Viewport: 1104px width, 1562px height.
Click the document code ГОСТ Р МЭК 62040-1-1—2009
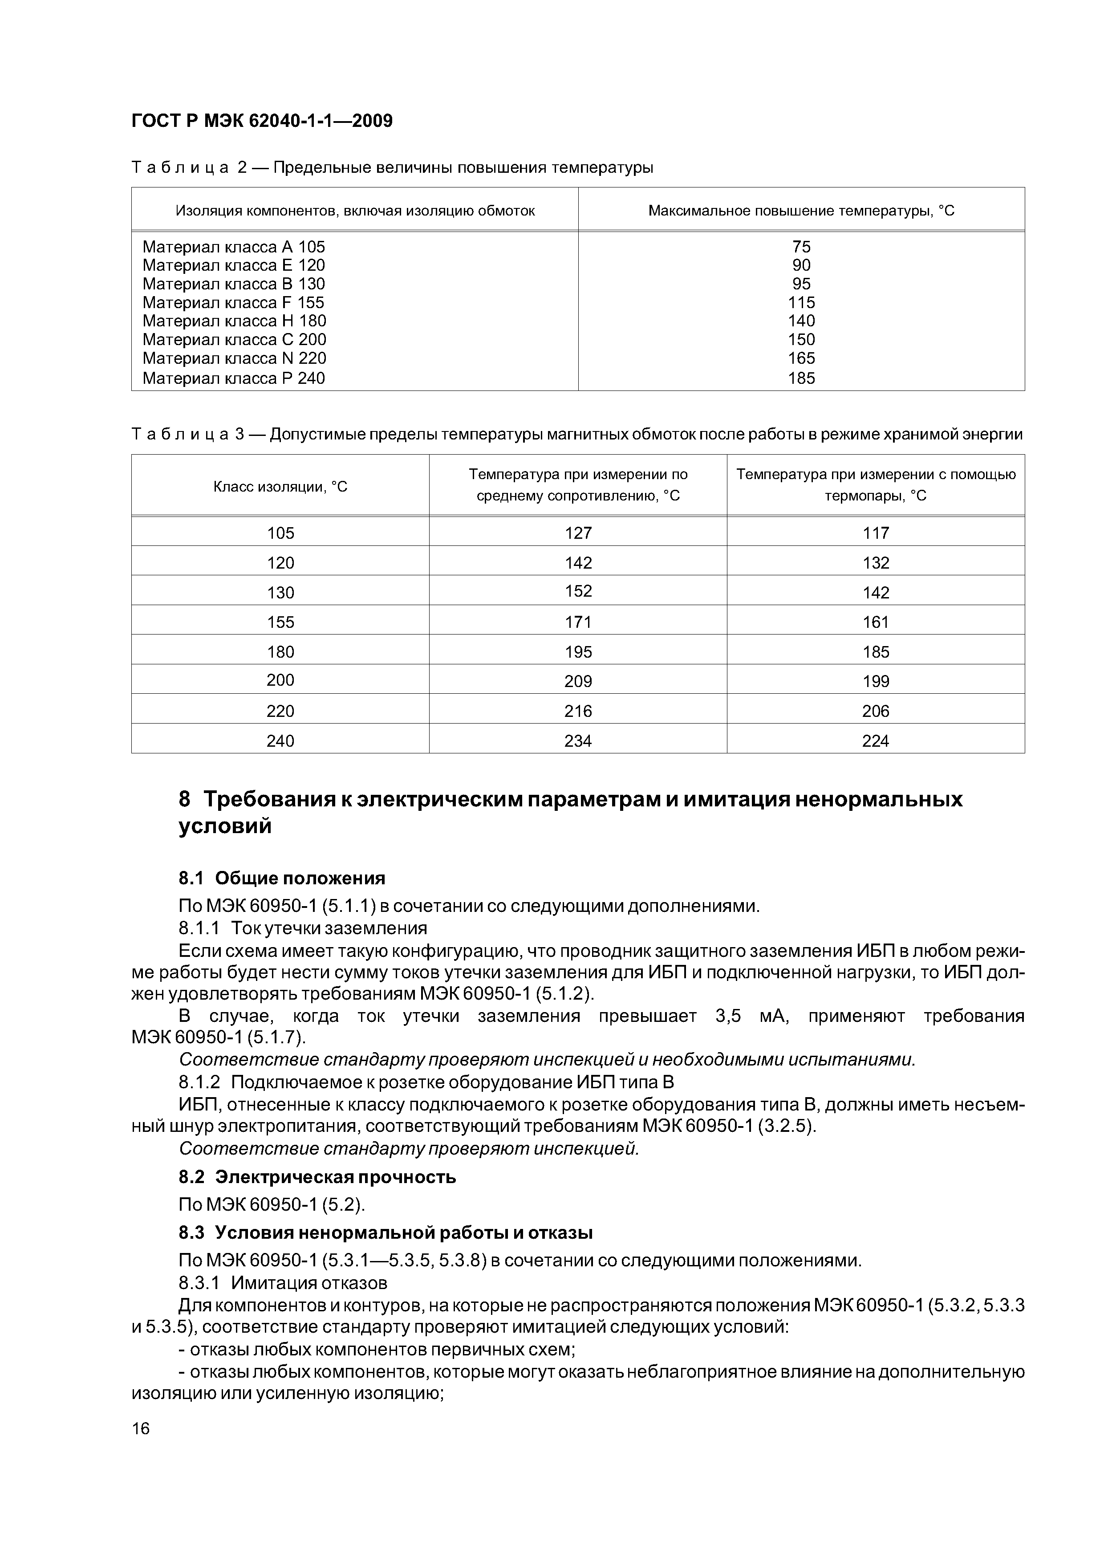pos(262,121)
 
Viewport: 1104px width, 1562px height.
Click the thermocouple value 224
pos(876,741)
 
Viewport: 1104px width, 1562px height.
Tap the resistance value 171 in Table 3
pos(578,622)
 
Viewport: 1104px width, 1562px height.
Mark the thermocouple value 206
pos(876,711)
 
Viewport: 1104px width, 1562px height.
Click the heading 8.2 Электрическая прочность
pos(317,1177)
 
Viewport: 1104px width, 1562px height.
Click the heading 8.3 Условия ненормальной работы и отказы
pos(386,1233)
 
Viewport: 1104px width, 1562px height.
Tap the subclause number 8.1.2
pos(199,1082)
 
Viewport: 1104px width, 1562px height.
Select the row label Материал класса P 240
pos(233,378)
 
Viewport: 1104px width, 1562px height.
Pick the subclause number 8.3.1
pos(199,1283)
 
